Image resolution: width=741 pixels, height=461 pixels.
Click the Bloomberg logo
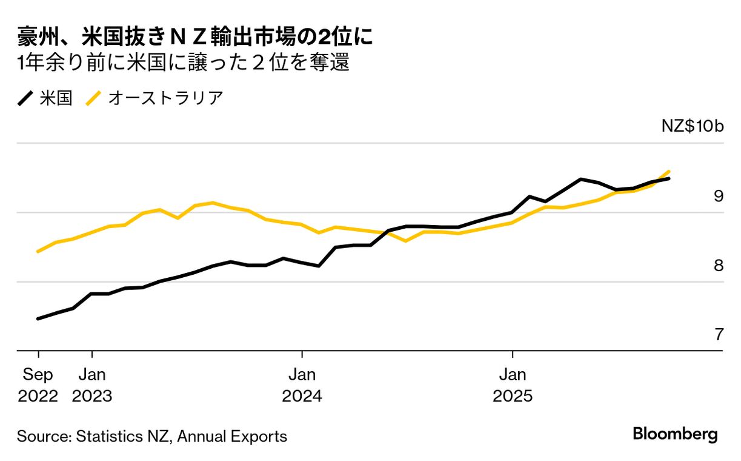675,434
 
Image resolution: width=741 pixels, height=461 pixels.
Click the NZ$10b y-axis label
693,127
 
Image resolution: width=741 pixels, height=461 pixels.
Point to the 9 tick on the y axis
719,196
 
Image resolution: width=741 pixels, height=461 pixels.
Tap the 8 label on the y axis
719,266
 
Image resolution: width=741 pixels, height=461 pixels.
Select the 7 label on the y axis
719,334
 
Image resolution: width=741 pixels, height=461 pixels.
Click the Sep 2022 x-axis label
38,385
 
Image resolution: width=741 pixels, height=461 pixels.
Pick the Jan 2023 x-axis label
91,385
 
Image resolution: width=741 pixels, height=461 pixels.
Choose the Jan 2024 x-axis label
302,385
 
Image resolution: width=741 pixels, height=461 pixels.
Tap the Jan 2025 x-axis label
513,385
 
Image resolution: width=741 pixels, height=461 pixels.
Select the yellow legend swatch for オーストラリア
94,98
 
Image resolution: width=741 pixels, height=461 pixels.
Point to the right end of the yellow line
669,171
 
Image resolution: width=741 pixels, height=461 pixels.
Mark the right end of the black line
669,178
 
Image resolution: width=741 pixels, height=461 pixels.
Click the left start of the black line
38,318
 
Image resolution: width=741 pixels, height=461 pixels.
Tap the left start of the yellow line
38,251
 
